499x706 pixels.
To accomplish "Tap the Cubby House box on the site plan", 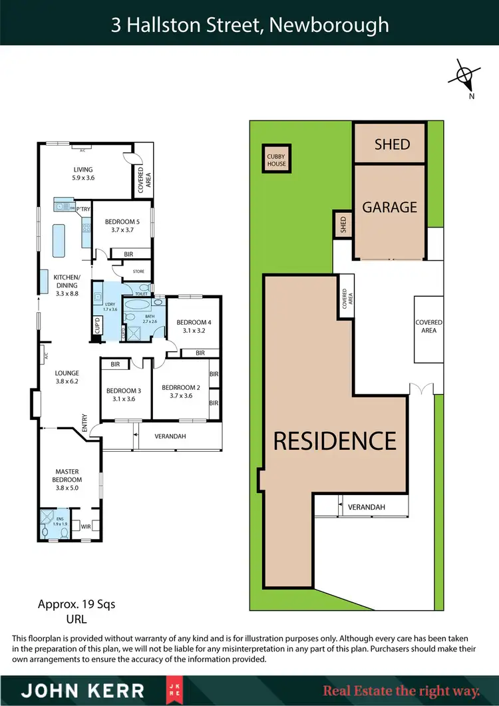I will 276,159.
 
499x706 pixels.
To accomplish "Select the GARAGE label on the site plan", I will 390,207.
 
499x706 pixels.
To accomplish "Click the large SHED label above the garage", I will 392,144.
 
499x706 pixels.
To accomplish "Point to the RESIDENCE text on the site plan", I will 335,441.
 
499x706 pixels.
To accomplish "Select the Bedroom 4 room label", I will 194,326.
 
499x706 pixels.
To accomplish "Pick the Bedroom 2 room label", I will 181,391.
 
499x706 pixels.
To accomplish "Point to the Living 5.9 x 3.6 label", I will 83,174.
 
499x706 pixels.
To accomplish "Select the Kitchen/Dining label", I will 67,284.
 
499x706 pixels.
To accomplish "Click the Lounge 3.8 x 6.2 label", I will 67,377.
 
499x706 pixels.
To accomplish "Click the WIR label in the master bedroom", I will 85,526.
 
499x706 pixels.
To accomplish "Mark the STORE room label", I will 138,271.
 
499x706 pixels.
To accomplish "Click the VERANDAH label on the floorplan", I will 170,436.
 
